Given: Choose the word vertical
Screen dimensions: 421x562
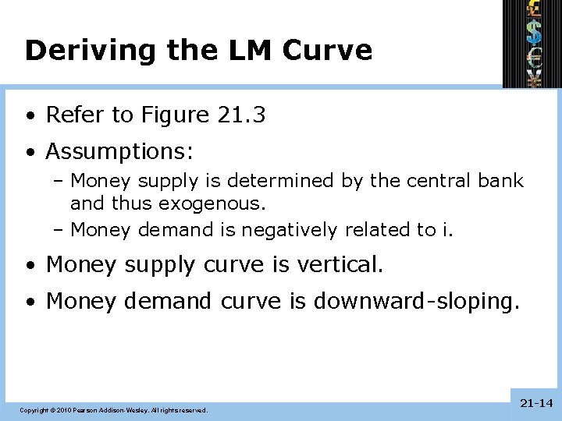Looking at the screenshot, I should [340, 265].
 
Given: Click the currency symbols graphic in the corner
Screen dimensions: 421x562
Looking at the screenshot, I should [532, 43].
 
